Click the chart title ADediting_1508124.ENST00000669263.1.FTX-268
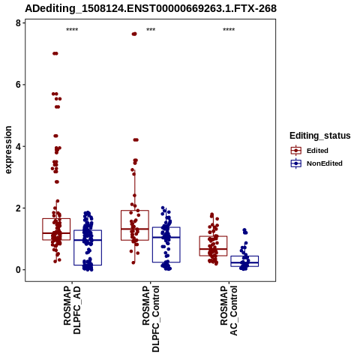pos(151,8)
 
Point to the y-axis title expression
pos(8,150)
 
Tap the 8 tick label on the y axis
pos(18,23)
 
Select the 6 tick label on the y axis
pos(18,85)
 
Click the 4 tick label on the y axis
pos(18,146)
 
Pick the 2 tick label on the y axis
pos(18,208)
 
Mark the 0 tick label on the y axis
pos(18,270)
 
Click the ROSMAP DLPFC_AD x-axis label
pos(72,310)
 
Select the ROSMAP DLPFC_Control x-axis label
pos(151,319)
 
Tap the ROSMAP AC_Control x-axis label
pos(229,310)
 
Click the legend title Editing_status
pos(320,136)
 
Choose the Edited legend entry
pos(309,151)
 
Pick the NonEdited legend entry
pos(316,163)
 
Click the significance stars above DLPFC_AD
pos(72,30)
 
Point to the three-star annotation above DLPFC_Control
pos(151,30)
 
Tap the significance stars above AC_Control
pos(229,30)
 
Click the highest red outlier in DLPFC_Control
pos(134,34)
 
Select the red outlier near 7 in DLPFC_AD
pos(55,53)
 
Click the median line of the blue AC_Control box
pos(244,262)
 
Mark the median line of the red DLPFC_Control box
pos(135,229)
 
